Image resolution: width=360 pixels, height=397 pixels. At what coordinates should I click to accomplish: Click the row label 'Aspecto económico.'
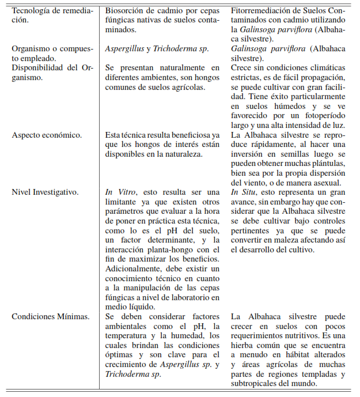(x=47, y=135)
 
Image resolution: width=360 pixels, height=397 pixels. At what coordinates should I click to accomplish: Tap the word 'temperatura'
(x=130, y=335)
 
